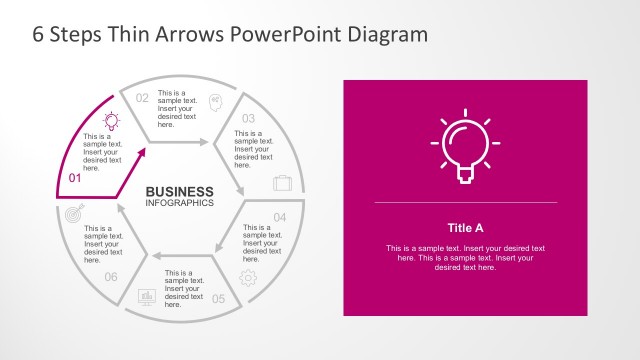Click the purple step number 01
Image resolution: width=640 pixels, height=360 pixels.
pos(74,178)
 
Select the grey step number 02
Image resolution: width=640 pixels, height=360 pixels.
pos(142,98)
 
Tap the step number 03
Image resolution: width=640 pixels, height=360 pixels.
pos(249,118)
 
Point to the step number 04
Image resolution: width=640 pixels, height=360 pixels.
pos(280,217)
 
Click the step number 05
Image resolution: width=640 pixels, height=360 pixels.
pos(218,298)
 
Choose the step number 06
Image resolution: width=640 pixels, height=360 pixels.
pos(111,277)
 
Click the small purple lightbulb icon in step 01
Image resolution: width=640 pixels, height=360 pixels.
pos(112,121)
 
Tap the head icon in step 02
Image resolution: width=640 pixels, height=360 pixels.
pos(215,100)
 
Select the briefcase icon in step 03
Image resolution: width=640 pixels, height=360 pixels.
pos(283,183)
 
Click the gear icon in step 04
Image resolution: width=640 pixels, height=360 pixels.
pos(248,277)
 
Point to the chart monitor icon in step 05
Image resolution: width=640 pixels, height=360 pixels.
pos(146,297)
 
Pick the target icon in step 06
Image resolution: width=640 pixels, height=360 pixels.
pos(74,213)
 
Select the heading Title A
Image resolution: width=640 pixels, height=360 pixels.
pos(465,227)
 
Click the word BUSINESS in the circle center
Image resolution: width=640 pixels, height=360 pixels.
pos(180,191)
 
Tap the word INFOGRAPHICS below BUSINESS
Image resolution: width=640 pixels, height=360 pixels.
pos(180,203)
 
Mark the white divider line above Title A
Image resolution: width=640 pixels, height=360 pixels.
pos(465,203)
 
